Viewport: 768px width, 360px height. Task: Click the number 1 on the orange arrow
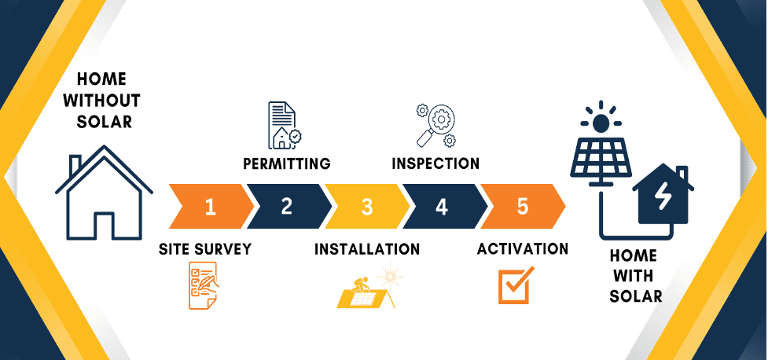point(210,207)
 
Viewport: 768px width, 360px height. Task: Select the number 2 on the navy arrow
point(286,207)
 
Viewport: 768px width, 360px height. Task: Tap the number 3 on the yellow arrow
point(366,208)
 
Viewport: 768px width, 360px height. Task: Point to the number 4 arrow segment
point(442,207)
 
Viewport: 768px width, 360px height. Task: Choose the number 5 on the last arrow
point(523,207)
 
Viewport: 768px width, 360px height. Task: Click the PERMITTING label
point(286,164)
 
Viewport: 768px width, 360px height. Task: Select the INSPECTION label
point(435,163)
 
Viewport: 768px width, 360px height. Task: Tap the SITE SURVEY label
point(205,249)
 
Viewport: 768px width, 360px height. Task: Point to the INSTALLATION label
point(367,249)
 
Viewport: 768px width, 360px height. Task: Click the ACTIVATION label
point(523,249)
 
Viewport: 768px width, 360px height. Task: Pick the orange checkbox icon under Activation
point(516,285)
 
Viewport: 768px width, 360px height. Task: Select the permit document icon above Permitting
point(284,125)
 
